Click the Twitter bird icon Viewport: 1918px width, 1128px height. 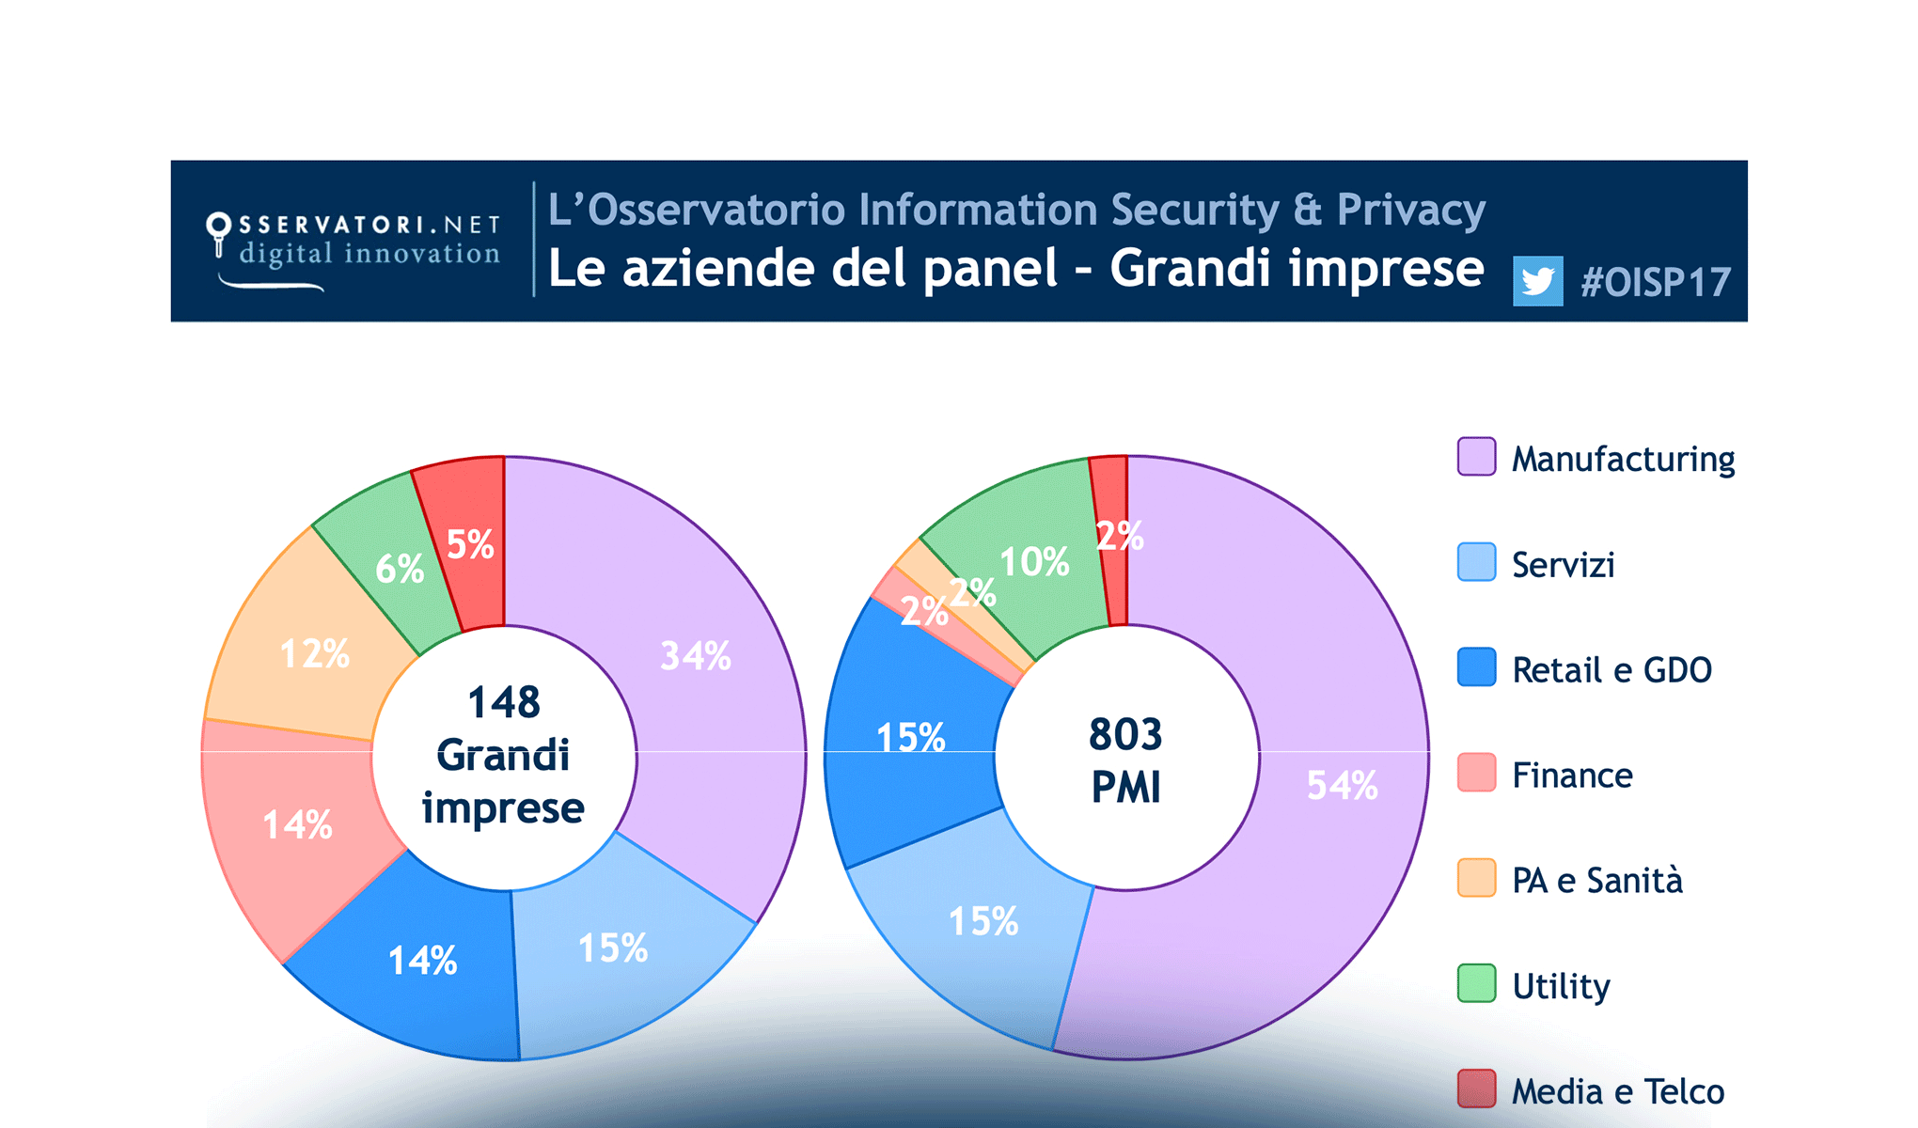point(1537,281)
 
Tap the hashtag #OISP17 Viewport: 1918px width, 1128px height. point(1656,282)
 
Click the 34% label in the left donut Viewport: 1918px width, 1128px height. point(696,656)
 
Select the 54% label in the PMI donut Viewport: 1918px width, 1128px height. point(1342,786)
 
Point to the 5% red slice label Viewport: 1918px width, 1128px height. point(469,545)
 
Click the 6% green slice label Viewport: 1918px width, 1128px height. point(400,569)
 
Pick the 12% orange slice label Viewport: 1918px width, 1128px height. point(315,654)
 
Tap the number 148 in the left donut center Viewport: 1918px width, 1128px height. point(504,702)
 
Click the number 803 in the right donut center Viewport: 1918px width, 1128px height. point(1125,734)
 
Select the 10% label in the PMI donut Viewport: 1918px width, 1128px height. point(1034,562)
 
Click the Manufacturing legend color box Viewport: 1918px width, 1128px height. point(1476,457)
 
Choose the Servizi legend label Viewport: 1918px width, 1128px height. point(1563,564)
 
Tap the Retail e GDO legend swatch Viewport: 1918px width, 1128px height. point(1476,667)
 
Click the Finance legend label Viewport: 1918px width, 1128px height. point(1572,775)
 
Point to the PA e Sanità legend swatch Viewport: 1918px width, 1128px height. point(1476,878)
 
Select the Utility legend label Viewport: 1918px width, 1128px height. point(1561,986)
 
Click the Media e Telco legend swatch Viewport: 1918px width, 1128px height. point(1476,1089)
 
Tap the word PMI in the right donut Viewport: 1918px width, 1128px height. point(1125,788)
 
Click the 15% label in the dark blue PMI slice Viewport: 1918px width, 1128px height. point(910,738)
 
